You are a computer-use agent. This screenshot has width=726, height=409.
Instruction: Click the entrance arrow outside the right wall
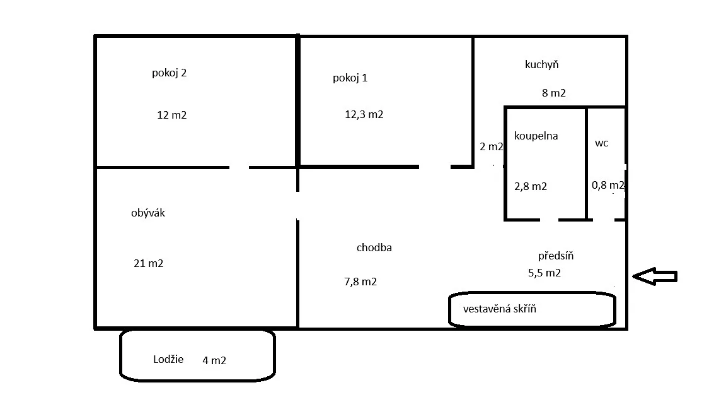(x=655, y=276)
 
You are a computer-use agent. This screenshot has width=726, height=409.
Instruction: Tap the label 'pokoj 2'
(x=169, y=73)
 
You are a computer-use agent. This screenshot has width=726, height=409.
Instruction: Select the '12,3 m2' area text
(x=364, y=114)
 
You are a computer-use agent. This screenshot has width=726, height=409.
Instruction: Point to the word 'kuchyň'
(x=542, y=64)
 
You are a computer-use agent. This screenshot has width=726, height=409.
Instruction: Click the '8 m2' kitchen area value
(x=554, y=93)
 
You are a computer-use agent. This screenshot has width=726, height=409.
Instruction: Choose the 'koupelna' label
(x=536, y=136)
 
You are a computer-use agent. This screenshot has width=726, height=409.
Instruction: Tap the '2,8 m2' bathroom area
(x=531, y=186)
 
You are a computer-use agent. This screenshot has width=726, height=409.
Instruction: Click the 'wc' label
(x=601, y=143)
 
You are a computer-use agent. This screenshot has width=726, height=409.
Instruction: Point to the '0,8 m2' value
(x=608, y=185)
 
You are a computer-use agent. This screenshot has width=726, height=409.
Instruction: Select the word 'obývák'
(x=148, y=213)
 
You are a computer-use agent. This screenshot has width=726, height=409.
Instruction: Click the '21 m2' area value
(x=149, y=263)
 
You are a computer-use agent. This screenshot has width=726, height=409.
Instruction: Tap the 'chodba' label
(x=374, y=247)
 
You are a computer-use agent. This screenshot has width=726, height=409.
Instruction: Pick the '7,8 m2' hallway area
(x=360, y=282)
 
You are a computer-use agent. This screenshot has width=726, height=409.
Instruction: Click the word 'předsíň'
(x=556, y=256)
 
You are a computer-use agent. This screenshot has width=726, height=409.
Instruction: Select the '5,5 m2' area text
(x=544, y=273)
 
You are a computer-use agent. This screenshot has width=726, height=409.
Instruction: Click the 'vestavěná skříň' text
(x=500, y=309)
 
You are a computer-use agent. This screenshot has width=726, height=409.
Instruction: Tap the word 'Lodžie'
(x=168, y=359)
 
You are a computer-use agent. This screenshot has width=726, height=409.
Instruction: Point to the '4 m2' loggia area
(x=214, y=360)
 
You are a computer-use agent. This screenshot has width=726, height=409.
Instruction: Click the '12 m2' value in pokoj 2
(x=172, y=115)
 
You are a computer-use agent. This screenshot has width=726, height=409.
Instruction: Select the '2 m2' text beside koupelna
(x=492, y=146)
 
